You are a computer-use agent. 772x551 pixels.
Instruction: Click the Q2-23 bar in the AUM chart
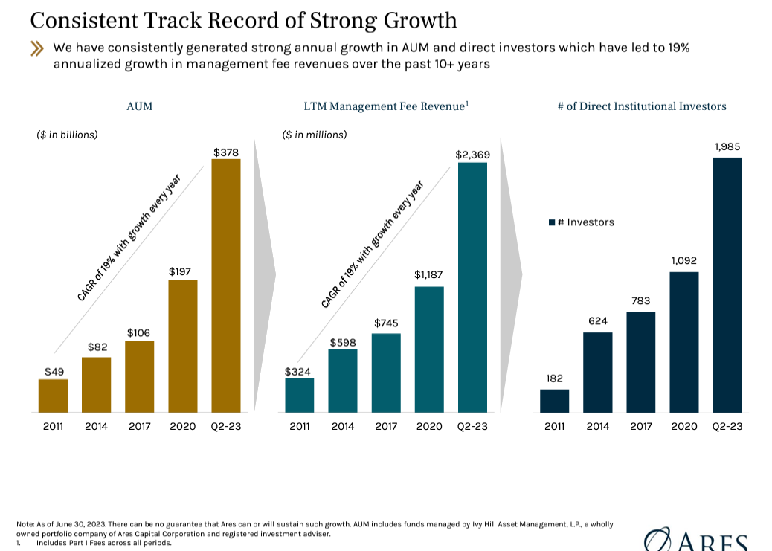[x=226, y=286]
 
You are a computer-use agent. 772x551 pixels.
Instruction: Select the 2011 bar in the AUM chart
[x=53, y=396]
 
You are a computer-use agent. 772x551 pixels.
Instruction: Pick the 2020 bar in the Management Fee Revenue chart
[x=429, y=349]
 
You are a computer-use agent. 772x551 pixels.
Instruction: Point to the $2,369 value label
[x=472, y=155]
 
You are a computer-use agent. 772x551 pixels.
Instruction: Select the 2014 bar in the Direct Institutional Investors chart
[x=597, y=372]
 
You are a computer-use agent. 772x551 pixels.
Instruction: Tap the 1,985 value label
[x=727, y=147]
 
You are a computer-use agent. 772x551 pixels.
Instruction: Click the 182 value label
[x=554, y=378]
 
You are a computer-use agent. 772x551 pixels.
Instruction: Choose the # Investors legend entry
[x=582, y=222]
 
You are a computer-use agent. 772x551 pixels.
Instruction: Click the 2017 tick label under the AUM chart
[x=139, y=426]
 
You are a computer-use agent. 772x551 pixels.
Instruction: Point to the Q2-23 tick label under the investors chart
[x=727, y=426]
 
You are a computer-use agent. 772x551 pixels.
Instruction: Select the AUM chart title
[x=139, y=106]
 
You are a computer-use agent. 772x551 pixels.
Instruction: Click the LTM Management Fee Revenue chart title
[x=386, y=106]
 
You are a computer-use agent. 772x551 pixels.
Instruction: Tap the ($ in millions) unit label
[x=315, y=135]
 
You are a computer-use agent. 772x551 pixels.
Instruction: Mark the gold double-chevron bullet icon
[x=37, y=49]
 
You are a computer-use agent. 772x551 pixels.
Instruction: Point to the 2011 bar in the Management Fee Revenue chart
[x=299, y=395]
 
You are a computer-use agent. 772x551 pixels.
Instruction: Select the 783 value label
[x=640, y=301]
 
